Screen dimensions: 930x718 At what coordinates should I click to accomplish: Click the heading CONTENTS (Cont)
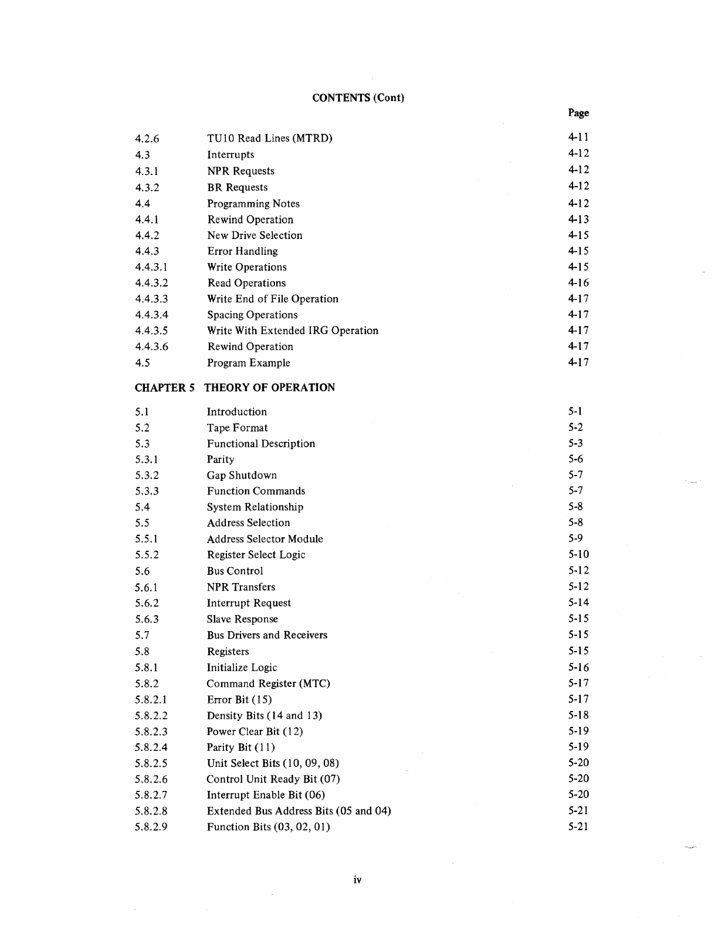coord(358,97)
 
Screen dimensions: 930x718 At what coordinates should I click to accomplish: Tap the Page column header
coord(578,113)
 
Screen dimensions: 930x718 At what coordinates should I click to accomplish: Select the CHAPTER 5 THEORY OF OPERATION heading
coord(235,387)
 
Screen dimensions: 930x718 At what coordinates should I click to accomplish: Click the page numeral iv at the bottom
coord(358,880)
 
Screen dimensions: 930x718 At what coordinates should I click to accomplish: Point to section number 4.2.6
coord(147,139)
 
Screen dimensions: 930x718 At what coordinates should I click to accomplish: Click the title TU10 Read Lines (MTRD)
coord(270,139)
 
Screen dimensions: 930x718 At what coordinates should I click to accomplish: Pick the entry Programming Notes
coord(253,204)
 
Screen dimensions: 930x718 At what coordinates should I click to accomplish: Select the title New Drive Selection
coord(255,235)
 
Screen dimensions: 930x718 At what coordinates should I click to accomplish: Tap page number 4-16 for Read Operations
coord(578,283)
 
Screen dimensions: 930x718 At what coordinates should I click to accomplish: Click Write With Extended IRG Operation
coord(293,331)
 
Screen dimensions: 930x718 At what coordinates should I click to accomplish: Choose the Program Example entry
coord(249,363)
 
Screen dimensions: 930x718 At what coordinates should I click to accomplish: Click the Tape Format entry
coord(238,428)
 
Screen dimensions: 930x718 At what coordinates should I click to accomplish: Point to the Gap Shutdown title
coord(242,476)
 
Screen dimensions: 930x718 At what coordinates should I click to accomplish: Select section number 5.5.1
coord(147,539)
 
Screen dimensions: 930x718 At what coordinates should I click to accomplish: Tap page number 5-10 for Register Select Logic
coord(578,555)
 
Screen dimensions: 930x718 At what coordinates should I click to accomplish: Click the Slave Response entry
coord(242,619)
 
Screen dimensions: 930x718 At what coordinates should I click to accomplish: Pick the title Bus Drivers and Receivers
coord(267,635)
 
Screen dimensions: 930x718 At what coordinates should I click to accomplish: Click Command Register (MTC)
coord(269,683)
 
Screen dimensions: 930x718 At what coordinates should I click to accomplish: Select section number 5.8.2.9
coord(151,827)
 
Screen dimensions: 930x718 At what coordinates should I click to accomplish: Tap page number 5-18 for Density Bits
coord(578,715)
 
